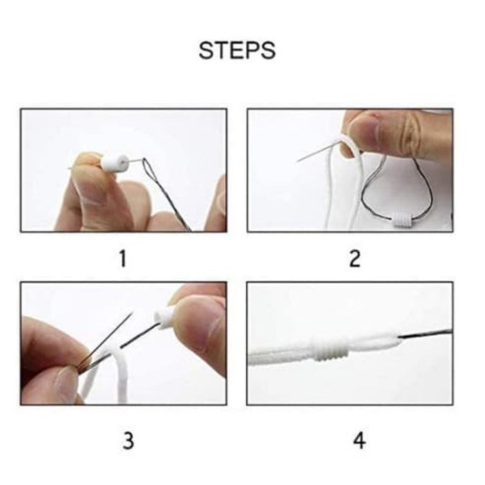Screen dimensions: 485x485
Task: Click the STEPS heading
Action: point(237,50)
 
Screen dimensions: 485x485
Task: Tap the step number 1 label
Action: point(123,258)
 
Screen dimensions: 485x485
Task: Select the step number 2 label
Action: point(355,258)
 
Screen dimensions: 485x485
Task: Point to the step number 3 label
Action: point(128,441)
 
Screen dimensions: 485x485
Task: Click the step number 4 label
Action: point(359,441)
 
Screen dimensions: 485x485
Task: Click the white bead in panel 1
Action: point(114,164)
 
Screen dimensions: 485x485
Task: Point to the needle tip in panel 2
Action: point(297,161)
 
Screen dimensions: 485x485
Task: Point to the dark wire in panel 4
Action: point(425,334)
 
